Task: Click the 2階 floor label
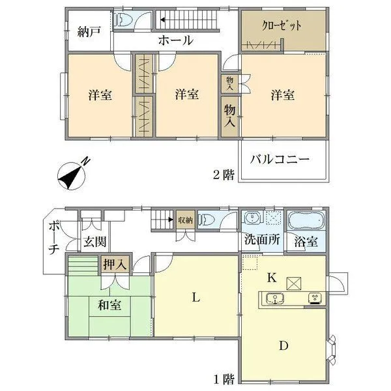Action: coord(224,174)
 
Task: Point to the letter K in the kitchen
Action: coord(272,277)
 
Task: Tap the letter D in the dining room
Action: coord(283,346)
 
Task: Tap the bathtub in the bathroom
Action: coord(306,220)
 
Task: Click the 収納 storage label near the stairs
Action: coord(184,220)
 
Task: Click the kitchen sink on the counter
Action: coord(275,298)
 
